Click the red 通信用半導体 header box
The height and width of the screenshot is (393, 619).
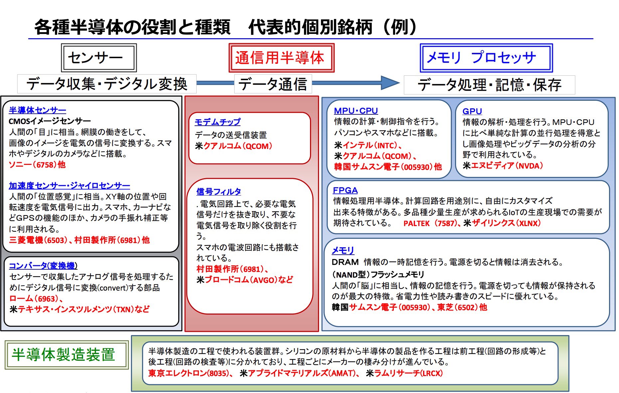(x=281, y=58)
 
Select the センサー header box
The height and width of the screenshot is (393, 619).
(x=99, y=58)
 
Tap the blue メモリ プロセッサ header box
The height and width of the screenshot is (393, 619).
(x=486, y=58)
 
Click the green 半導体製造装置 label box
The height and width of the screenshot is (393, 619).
(x=66, y=354)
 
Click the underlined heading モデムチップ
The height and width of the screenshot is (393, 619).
(x=218, y=122)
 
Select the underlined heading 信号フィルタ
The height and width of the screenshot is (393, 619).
(x=219, y=192)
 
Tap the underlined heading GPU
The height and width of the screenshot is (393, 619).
(x=472, y=111)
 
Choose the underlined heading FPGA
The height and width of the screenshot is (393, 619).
(x=345, y=190)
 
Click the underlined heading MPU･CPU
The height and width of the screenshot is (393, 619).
(x=356, y=111)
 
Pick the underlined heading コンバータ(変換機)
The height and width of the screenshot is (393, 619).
(x=43, y=266)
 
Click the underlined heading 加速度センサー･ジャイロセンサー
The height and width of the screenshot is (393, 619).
(x=69, y=186)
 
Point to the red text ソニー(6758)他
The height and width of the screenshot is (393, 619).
(x=37, y=165)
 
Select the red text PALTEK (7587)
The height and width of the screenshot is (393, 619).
(x=429, y=223)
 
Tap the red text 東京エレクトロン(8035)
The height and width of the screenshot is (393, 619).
(x=188, y=373)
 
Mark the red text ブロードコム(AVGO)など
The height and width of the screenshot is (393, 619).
(x=248, y=280)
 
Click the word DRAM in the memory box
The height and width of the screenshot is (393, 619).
(x=345, y=262)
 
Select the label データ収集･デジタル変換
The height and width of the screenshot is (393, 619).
(x=107, y=84)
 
